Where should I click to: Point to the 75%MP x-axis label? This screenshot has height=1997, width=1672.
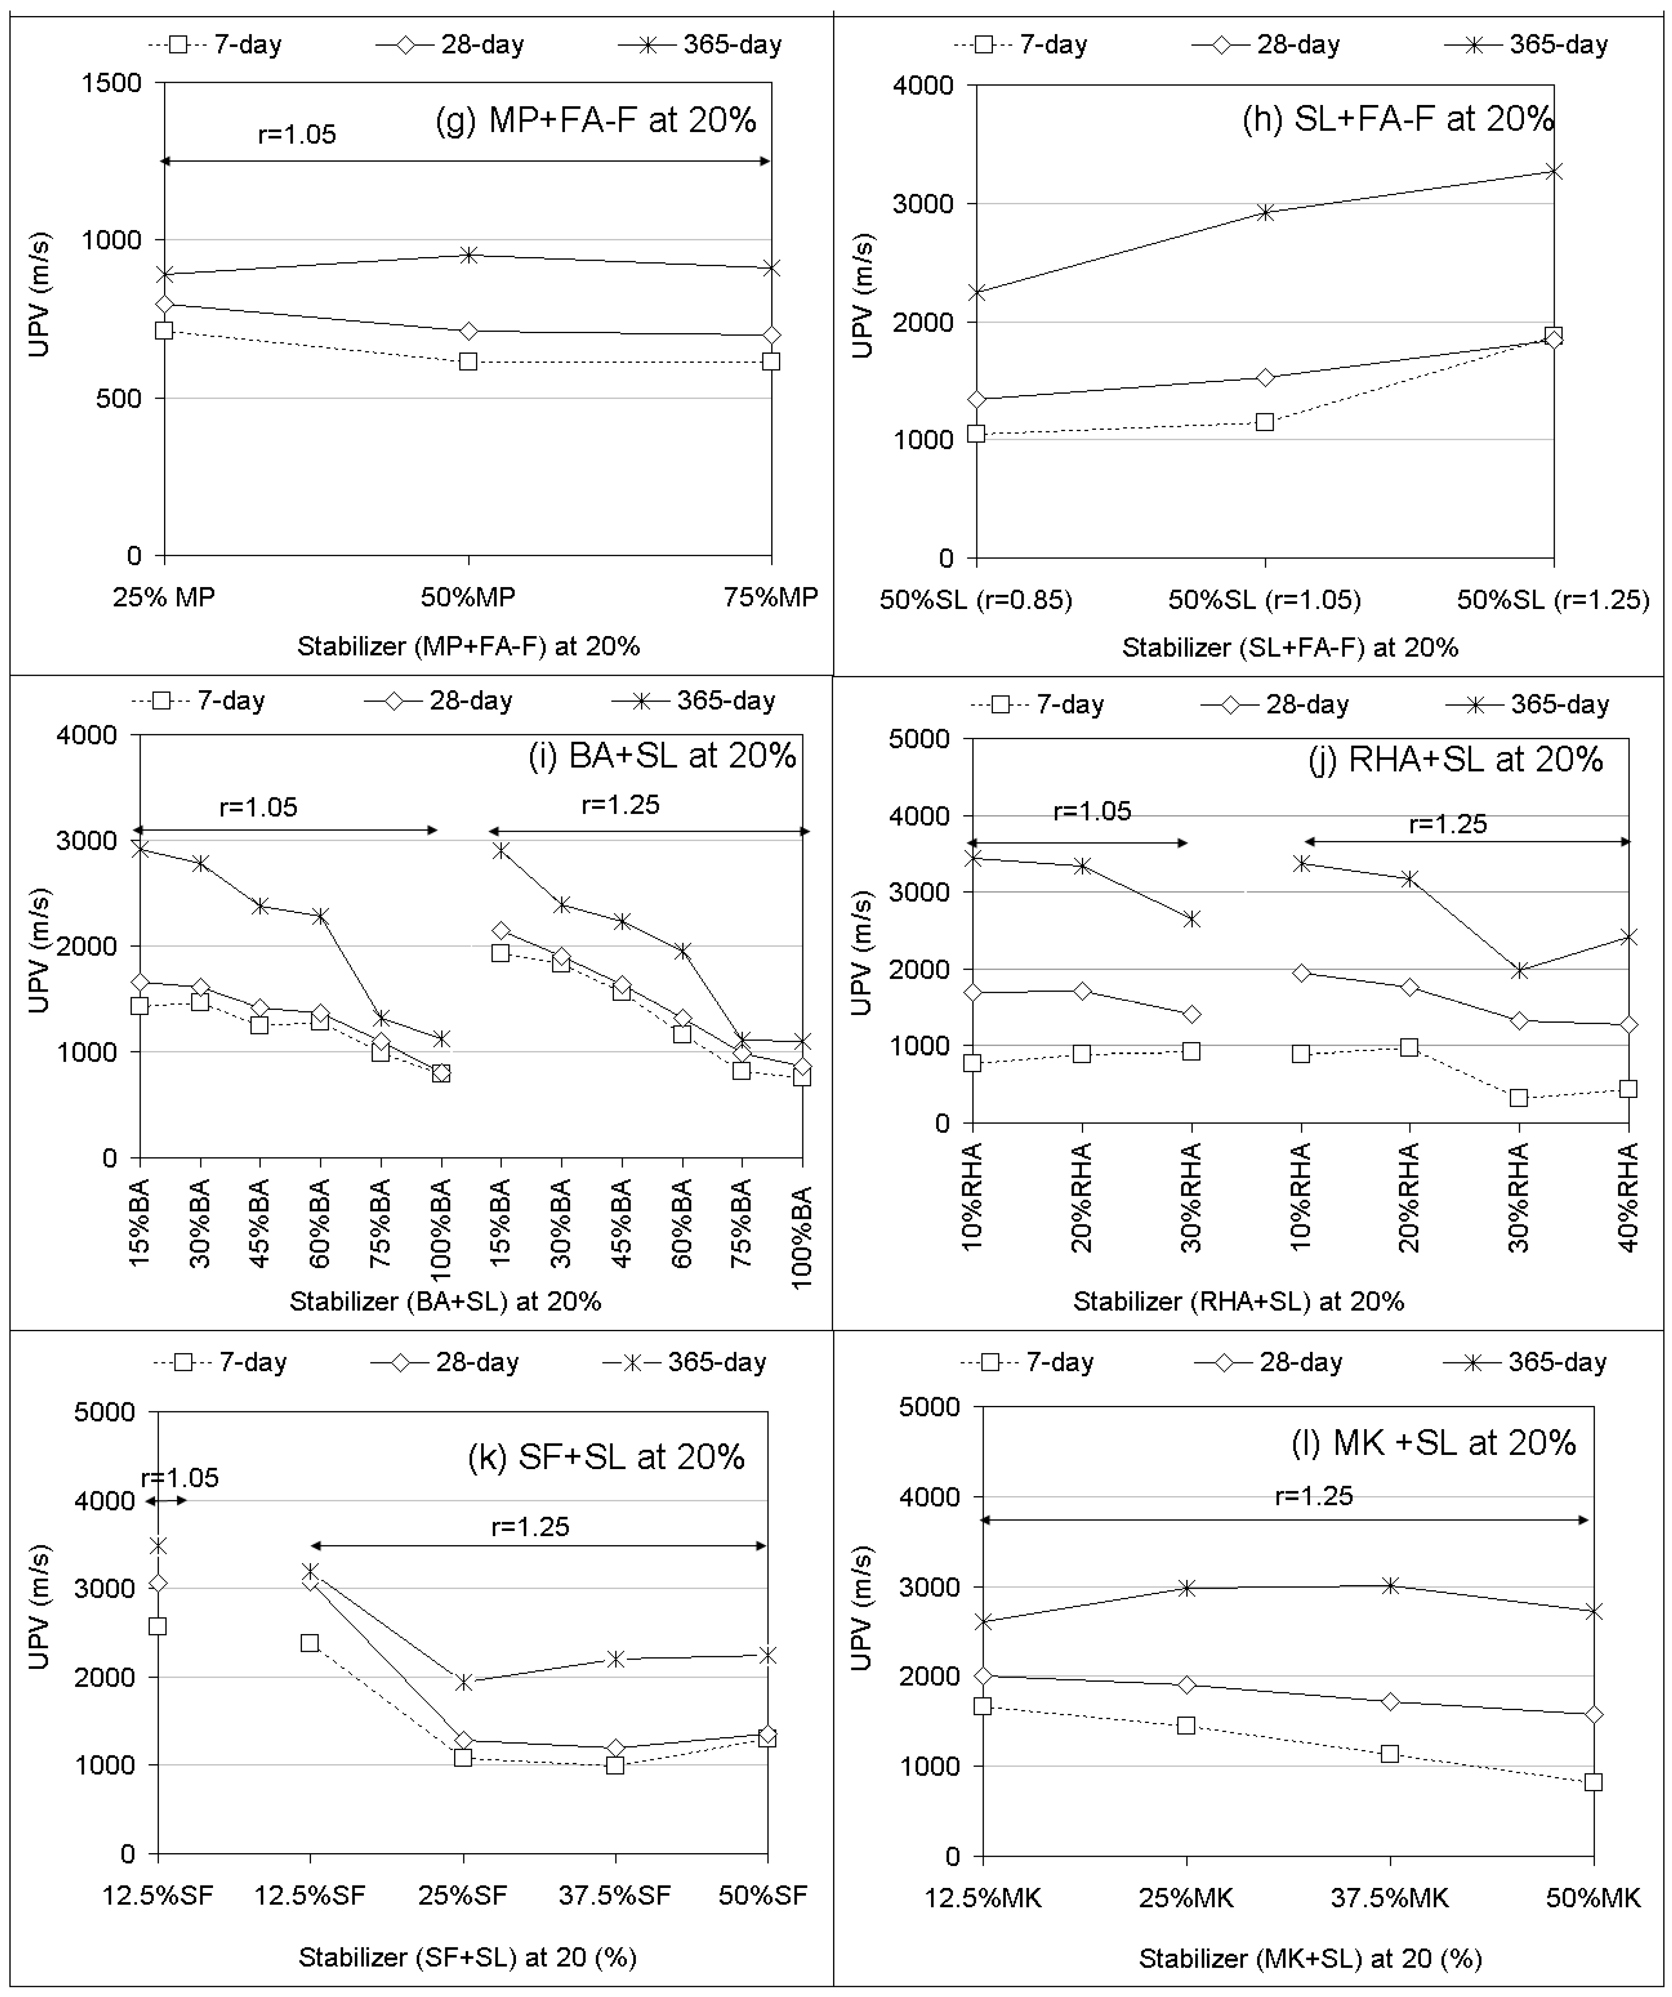[770, 597]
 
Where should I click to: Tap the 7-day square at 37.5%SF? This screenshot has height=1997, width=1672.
[614, 1765]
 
